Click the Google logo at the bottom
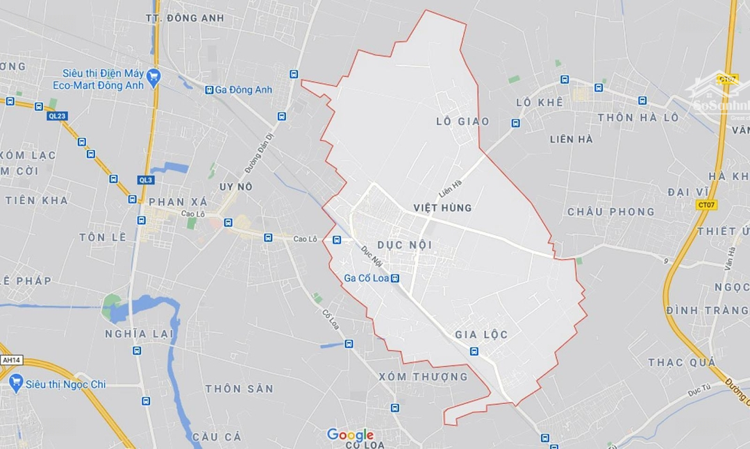point(350,435)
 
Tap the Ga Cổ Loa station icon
point(395,278)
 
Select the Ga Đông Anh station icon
point(209,90)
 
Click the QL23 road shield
point(58,116)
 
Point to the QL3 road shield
point(145,180)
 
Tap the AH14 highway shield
point(9,360)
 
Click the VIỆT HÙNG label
point(442,207)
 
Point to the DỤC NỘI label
point(405,245)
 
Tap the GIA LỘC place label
point(481,334)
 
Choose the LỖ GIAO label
point(462,121)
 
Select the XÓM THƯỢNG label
point(423,377)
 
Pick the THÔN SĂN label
point(239,389)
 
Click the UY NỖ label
point(235,187)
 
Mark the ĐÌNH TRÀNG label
point(706,310)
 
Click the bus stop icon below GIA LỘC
point(474,351)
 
